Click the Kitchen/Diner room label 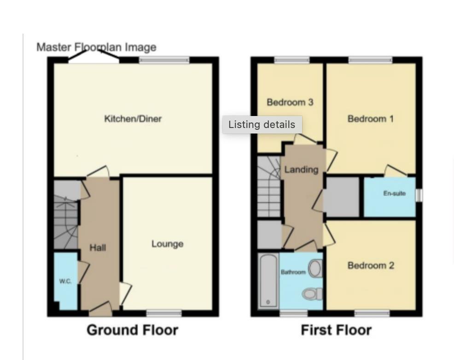133,119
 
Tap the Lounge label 167,244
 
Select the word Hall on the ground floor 98,248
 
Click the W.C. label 65,281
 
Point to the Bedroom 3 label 290,102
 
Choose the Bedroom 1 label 370,119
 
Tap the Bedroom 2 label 370,265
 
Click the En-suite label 394,193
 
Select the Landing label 301,169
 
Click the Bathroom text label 293,272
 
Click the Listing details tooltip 262,124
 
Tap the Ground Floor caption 132,330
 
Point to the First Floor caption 336,330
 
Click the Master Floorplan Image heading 96,47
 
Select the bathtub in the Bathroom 268,280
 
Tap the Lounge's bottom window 163,314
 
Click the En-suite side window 419,195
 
